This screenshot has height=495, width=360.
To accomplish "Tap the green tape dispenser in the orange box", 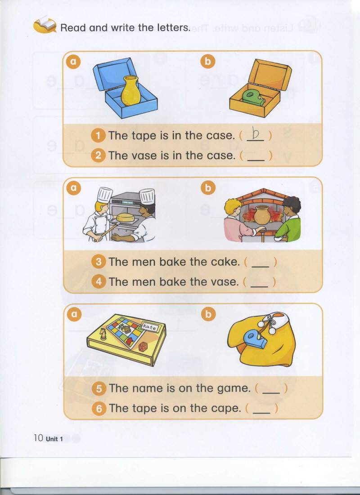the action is pos(253,97).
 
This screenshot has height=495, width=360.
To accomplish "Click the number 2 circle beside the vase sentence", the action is pos(98,156).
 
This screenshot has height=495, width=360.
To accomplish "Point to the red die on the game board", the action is pos(143,347).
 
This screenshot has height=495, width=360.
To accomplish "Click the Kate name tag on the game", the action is pos(149,327).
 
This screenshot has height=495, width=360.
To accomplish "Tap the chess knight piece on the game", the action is pos(103,334).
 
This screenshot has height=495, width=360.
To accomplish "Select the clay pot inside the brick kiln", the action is pos(262,215).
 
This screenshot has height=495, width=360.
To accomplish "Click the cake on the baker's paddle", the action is pos(125,217).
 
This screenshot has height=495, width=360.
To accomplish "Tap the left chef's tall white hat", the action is pos(104,195).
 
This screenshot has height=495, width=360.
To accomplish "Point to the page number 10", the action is pos(38,438).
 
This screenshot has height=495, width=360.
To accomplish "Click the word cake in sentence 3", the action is pos(225,262).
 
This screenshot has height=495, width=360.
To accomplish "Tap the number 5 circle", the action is pos(99,389).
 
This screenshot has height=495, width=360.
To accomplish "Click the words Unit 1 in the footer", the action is pos(54,439).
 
